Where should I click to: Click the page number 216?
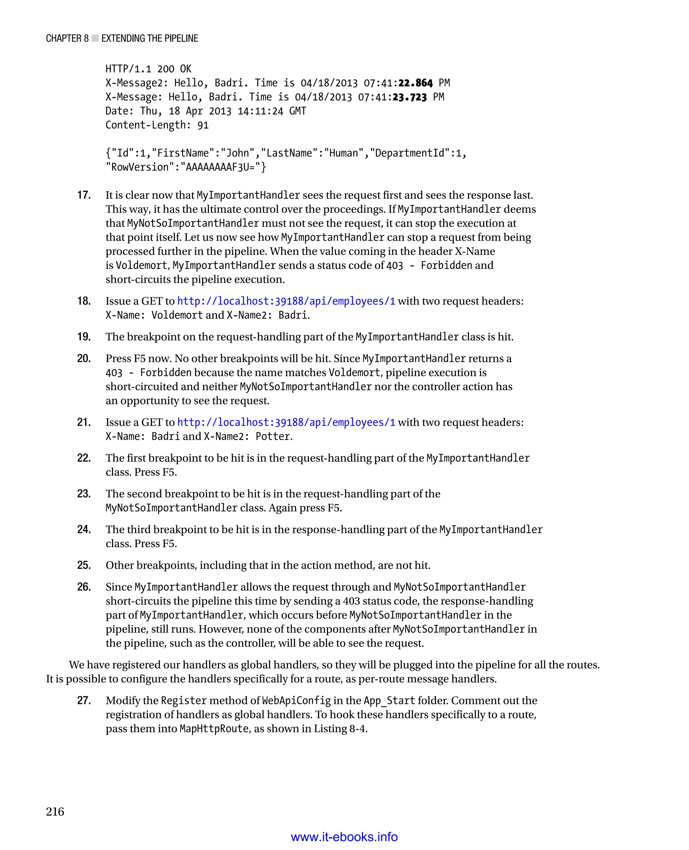tap(55, 812)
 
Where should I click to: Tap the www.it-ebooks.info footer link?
tap(344, 837)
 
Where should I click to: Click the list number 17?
tap(84, 195)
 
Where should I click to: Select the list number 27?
tap(84, 700)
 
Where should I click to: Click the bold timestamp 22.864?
tap(415, 83)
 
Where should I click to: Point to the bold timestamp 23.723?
tap(409, 97)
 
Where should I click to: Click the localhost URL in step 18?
tap(286, 301)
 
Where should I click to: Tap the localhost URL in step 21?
tap(286, 422)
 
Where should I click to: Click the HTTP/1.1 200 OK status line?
tap(148, 69)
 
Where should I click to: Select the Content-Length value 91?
tap(203, 126)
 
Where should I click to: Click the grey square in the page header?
tap(95, 38)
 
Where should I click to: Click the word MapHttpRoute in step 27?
tap(214, 729)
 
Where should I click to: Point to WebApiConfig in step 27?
tap(296, 700)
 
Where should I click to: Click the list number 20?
tap(84, 358)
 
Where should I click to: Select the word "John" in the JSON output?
tap(237, 153)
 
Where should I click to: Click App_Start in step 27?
tap(389, 700)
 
